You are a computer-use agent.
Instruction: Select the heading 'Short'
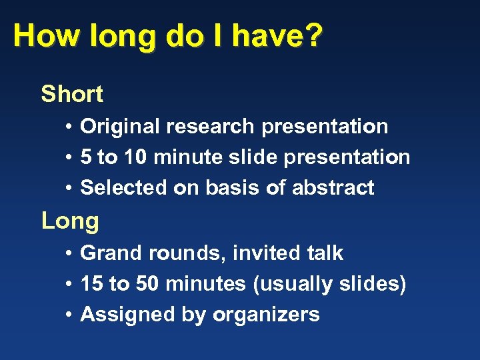72,94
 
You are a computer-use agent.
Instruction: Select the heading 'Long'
70,221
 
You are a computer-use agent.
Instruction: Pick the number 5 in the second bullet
86,157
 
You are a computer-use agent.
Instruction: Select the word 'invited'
264,253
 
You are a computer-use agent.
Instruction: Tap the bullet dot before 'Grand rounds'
69,254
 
